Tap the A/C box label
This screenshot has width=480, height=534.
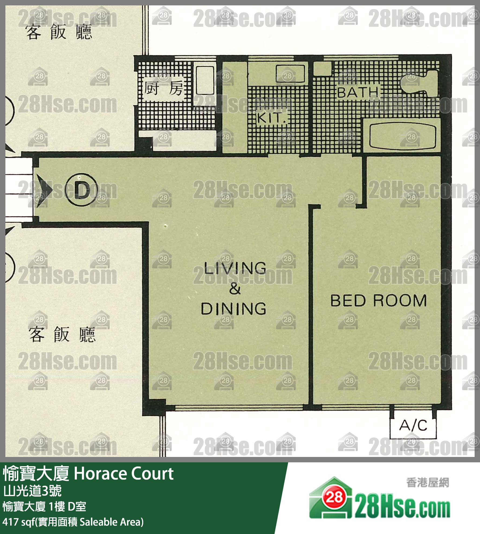point(413,425)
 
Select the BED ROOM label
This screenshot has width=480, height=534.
point(379,300)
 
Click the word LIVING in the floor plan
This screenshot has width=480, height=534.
point(235,268)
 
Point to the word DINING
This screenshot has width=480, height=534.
point(234,309)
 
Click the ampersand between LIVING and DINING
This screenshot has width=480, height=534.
point(235,289)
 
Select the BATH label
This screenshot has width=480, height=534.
point(358,92)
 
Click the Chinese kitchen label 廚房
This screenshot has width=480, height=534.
point(164,88)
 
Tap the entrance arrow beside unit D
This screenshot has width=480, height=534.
point(44,190)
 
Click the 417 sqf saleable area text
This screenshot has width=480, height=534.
point(73,522)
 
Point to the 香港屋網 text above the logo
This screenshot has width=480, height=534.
point(427,483)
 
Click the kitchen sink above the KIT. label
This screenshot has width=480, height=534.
point(290,74)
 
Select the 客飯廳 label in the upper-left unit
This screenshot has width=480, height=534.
point(59,32)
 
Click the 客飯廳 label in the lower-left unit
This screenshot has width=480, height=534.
point(62,335)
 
